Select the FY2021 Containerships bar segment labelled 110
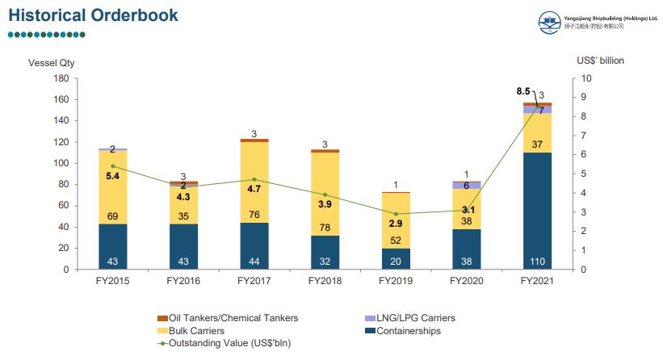537,211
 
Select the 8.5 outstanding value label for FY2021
523,91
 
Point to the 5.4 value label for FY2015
113,174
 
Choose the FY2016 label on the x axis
183,282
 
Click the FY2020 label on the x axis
466,282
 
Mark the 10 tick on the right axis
587,78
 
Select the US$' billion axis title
600,61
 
